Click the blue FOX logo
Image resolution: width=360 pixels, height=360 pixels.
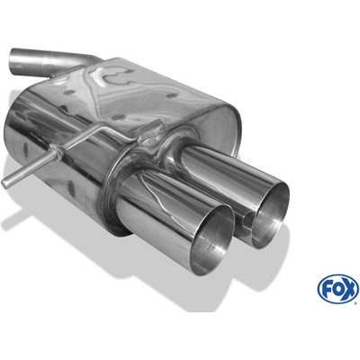(x=337, y=289)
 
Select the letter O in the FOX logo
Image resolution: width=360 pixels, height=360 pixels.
(x=337, y=289)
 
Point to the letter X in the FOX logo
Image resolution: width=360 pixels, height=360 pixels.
(x=349, y=289)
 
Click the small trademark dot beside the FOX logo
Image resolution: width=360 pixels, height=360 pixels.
(x=356, y=302)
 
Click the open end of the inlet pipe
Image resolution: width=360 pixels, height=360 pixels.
(x=13, y=60)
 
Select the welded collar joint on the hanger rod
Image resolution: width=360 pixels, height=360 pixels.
(x=56, y=152)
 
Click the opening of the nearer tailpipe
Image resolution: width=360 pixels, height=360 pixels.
(x=211, y=240)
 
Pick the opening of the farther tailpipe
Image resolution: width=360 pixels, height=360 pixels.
(x=270, y=215)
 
